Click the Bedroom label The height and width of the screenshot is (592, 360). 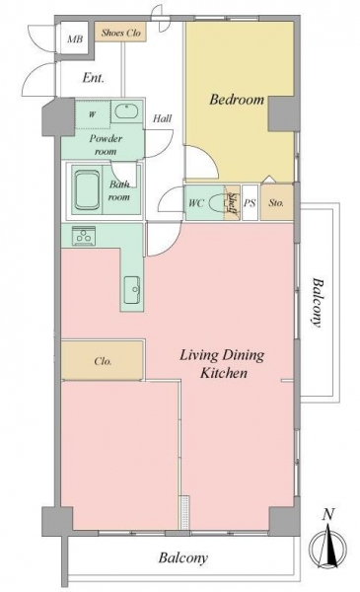(237, 100)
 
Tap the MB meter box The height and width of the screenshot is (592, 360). (75, 37)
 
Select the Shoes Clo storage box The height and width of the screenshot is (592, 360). (120, 33)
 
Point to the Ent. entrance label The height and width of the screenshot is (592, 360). (93, 78)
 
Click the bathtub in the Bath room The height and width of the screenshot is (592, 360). (88, 190)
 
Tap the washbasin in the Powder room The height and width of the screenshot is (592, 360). (126, 111)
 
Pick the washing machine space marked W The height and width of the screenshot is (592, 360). (93, 114)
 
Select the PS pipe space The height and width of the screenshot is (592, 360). (250, 202)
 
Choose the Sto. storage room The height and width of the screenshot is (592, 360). (276, 202)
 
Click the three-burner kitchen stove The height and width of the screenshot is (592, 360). (84, 236)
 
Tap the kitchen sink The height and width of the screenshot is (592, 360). (132, 289)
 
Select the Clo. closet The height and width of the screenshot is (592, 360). (103, 360)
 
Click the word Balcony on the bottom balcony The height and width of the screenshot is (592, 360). (183, 557)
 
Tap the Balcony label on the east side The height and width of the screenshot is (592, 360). (318, 303)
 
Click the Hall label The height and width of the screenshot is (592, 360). (163, 118)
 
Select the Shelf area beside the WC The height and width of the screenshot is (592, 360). (233, 202)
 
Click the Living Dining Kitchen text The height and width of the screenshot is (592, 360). (222, 364)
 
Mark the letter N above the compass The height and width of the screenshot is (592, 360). (329, 514)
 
